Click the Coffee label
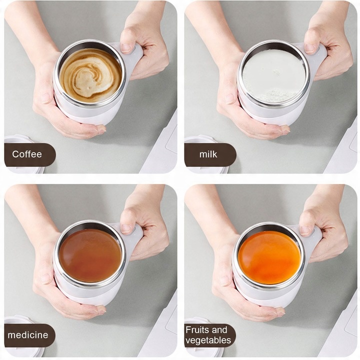click(27, 154)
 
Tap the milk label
click(208, 154)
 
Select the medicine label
click(28, 335)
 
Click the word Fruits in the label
click(197, 330)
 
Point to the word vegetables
click(208, 340)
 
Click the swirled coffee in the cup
click(90, 75)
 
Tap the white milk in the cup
click(274, 76)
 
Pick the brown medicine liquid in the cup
click(90, 255)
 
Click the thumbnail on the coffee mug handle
click(125, 48)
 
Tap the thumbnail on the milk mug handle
click(309, 48)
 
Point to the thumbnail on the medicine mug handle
click(126, 228)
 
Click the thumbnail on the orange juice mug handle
click(305, 230)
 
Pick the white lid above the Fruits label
click(197, 321)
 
